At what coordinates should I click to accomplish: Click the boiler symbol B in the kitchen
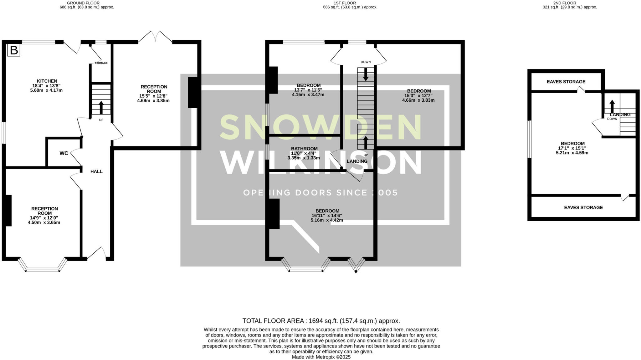pyautogui.click(x=14, y=50)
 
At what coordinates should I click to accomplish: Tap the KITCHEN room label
pyautogui.click(x=47, y=81)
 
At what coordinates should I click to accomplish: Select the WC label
pyautogui.click(x=64, y=153)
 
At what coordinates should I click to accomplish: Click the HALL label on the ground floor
pyautogui.click(x=96, y=171)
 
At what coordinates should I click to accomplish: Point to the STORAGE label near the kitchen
pyautogui.click(x=101, y=63)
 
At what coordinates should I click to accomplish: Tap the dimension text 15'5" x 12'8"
pyautogui.click(x=153, y=96)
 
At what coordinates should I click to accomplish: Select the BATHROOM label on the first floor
pyautogui.click(x=304, y=149)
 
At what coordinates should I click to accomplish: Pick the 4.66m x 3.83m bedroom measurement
pyautogui.click(x=418, y=100)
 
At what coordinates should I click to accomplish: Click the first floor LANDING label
pyautogui.click(x=357, y=161)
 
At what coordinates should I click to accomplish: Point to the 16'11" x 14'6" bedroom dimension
pyautogui.click(x=327, y=215)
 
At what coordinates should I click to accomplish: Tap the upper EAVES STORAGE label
pyautogui.click(x=566, y=82)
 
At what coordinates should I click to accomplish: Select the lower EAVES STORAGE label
pyautogui.click(x=583, y=207)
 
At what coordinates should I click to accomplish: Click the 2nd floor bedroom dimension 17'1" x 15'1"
pyautogui.click(x=572, y=148)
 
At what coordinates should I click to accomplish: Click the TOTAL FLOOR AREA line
pyautogui.click(x=321, y=321)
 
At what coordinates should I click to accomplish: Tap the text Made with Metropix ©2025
pyautogui.click(x=321, y=357)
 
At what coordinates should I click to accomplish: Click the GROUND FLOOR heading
pyautogui.click(x=83, y=3)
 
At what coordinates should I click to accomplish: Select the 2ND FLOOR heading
pyautogui.click(x=570, y=3)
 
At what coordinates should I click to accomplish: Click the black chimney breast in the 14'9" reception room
pyautogui.click(x=8, y=210)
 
